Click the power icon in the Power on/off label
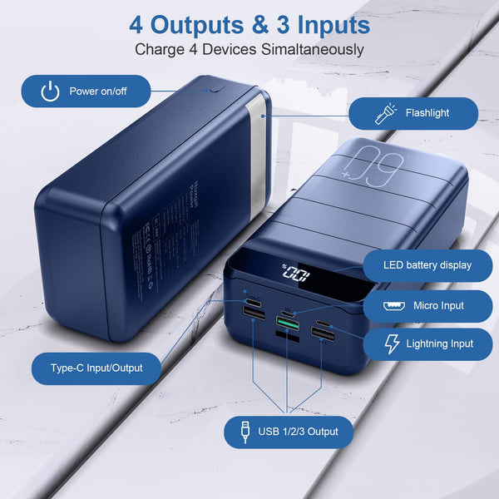point(51,91)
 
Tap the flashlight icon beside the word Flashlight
point(386,113)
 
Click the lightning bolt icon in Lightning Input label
point(393,343)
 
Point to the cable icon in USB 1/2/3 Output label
point(245,432)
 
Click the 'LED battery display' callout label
point(427,265)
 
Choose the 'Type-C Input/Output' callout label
point(96,368)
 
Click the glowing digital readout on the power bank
point(296,274)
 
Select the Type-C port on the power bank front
point(251,296)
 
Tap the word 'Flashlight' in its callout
point(427,113)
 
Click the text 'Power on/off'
point(98,91)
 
